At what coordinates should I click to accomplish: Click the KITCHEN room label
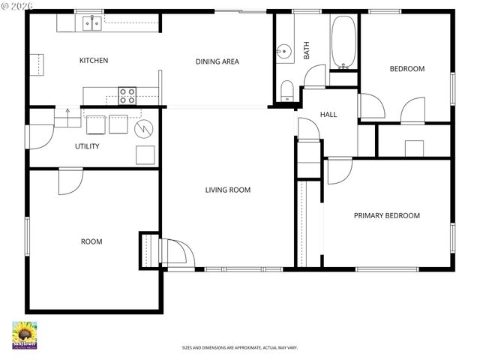point(94,61)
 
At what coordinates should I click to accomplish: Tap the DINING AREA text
point(217,61)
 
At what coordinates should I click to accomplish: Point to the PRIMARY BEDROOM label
point(386,215)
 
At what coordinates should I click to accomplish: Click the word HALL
point(328,115)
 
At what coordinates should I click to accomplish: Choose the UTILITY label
point(87,146)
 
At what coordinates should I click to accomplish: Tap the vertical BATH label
point(306,50)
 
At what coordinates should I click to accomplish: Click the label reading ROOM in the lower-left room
point(91,241)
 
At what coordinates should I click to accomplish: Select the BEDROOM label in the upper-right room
point(406,69)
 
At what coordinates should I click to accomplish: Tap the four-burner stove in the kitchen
point(127,95)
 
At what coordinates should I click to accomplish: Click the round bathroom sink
point(283,52)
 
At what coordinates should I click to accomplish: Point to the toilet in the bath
point(286,91)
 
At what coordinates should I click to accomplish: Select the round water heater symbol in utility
point(142,129)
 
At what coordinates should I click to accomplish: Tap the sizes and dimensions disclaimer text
point(239,347)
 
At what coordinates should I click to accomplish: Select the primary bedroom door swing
point(338,171)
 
